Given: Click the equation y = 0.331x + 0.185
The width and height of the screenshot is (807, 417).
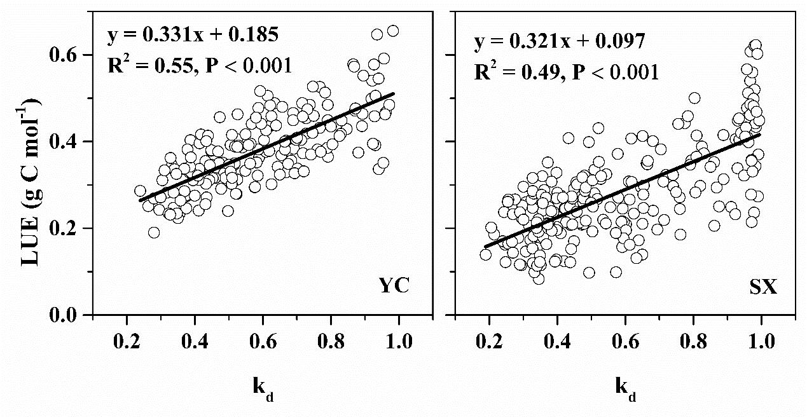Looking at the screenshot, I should tap(193, 35).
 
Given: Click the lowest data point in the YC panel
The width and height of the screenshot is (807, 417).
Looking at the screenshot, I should tap(154, 233).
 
